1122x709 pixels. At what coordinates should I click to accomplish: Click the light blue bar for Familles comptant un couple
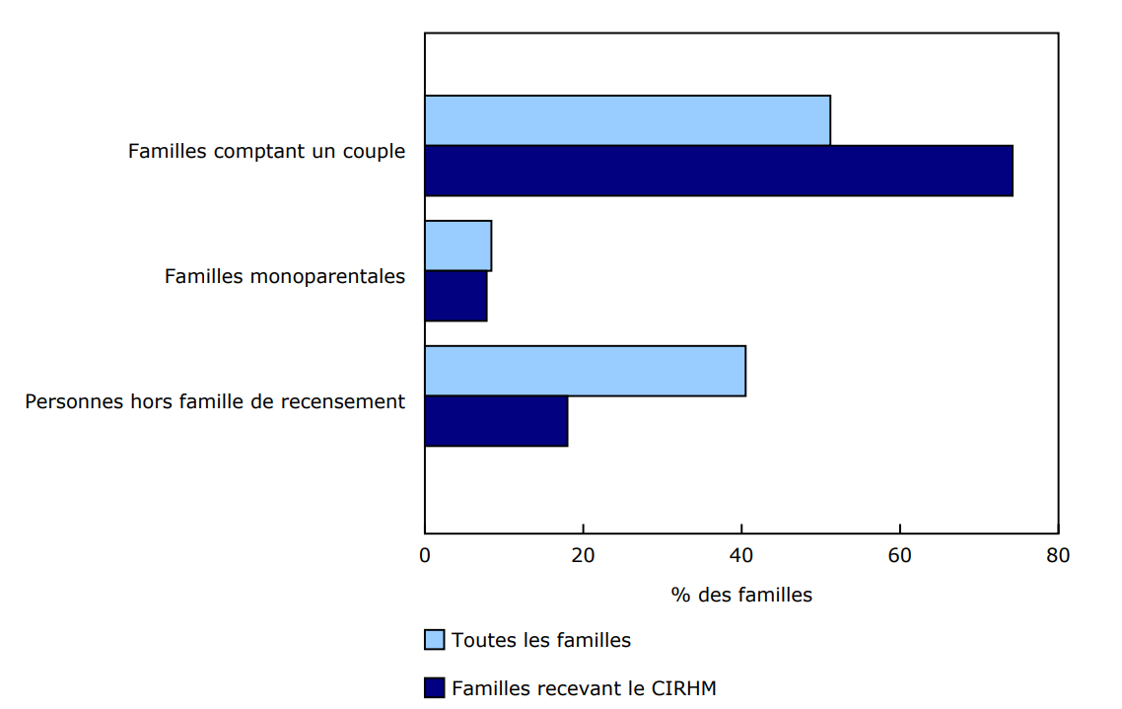627,120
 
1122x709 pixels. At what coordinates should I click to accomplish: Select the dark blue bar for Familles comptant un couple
718,171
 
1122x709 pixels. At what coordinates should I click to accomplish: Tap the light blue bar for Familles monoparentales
457,246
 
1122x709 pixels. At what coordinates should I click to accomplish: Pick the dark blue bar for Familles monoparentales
456,296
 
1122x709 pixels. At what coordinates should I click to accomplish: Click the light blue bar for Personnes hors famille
585,371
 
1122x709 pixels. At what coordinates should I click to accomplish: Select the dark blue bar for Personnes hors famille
496,421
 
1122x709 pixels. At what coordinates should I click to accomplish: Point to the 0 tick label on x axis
425,555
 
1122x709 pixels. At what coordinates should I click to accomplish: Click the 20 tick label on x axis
583,555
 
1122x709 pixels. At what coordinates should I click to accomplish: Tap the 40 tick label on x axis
741,555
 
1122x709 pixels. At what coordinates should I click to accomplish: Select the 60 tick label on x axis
899,555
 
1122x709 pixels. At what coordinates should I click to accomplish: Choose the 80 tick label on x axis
1058,555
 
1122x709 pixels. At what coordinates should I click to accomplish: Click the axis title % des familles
741,595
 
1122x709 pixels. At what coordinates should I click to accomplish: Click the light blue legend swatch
435,640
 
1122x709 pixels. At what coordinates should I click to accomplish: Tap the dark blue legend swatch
435,687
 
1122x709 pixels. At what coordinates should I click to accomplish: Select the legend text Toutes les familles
541,640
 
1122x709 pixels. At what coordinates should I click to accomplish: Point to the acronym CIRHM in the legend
683,688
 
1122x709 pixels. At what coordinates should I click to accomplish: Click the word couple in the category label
374,152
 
